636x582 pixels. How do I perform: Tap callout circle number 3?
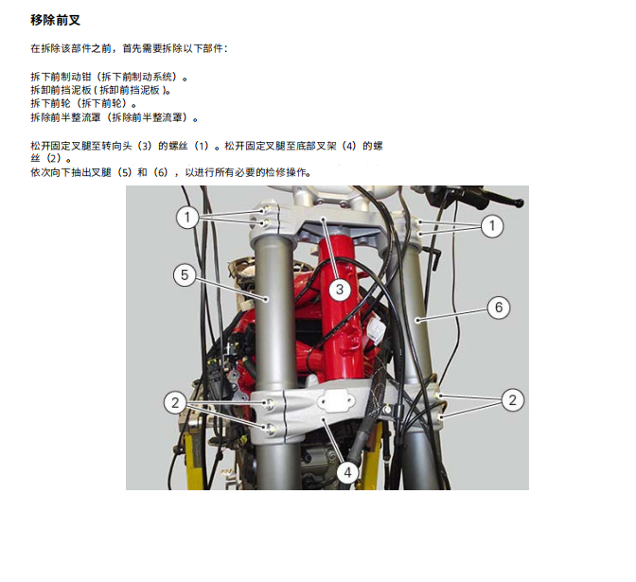(340, 289)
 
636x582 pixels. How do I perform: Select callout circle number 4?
(348, 470)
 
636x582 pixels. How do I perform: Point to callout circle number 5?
(185, 275)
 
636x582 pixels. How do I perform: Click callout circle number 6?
(499, 308)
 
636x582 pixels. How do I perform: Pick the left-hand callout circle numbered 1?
(187, 218)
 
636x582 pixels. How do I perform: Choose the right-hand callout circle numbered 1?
(491, 225)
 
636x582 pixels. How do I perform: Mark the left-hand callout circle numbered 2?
(174, 402)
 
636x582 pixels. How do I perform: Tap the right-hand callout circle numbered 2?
(511, 399)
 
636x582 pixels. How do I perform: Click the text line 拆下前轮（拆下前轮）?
(83, 103)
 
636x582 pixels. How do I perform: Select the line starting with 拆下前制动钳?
(109, 77)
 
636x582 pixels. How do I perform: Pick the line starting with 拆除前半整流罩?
(115, 117)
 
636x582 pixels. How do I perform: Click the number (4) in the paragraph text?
(350, 147)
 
